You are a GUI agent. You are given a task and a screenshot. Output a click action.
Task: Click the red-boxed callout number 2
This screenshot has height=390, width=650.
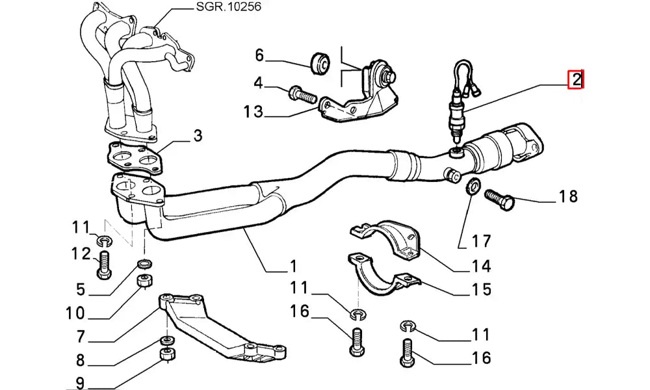point(577,81)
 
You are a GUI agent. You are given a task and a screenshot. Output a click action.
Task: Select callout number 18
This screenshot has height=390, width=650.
point(568,196)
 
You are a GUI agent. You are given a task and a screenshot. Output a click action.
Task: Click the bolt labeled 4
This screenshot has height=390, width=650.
point(300,95)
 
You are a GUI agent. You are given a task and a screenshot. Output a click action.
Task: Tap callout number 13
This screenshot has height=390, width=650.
point(253,112)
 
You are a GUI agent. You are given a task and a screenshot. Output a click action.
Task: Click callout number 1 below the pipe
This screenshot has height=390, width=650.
point(292,266)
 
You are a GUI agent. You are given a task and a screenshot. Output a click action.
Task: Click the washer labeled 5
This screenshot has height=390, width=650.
point(145,264)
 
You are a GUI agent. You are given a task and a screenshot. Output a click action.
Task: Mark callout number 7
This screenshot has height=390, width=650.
point(81,337)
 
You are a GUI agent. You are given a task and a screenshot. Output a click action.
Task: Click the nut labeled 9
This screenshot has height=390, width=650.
point(166,355)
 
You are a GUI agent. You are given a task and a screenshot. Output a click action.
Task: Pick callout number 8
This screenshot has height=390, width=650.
point(81,359)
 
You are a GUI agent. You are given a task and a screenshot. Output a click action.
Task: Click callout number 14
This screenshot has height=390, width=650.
point(481,266)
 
